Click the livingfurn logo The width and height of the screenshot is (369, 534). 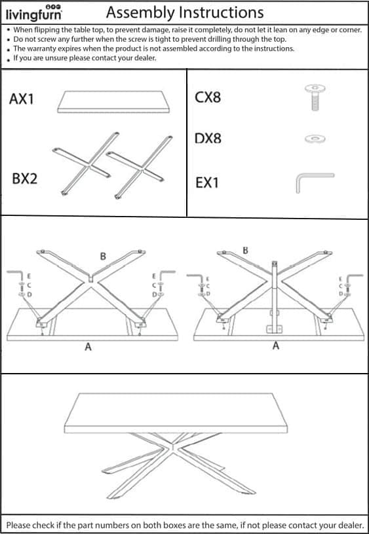tap(34, 13)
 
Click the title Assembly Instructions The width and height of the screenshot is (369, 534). tap(185, 13)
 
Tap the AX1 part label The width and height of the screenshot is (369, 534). tap(22, 99)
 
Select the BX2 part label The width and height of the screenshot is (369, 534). tap(24, 179)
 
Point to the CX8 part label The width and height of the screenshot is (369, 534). tap(208, 98)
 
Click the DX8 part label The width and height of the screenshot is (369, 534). tap(208, 139)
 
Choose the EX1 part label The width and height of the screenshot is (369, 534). tap(207, 183)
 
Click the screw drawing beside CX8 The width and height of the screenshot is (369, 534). tap(315, 98)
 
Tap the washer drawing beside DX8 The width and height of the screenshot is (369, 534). tap(315, 139)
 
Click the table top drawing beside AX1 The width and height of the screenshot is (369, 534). tap(114, 101)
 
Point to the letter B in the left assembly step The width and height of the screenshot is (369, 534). tap(103, 256)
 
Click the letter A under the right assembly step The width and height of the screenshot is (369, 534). tap(275, 346)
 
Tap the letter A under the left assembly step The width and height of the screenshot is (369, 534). tap(88, 347)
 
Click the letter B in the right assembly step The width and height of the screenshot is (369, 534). tap(245, 251)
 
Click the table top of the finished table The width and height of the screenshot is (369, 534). tap(176, 413)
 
